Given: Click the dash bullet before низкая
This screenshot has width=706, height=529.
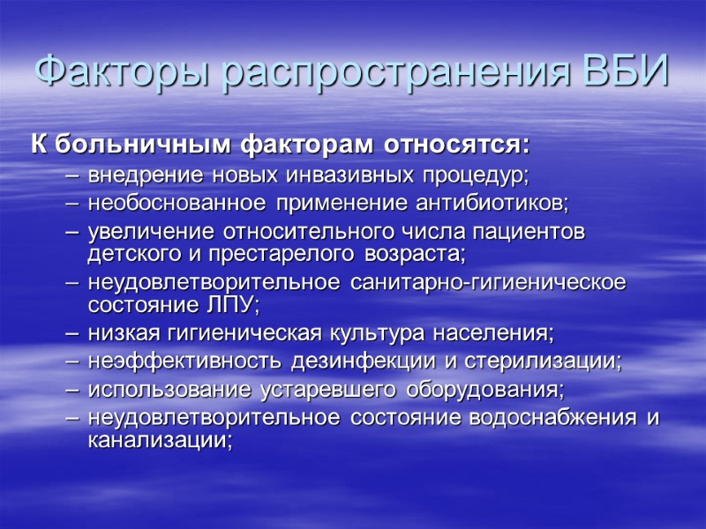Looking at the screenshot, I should coord(72,335).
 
